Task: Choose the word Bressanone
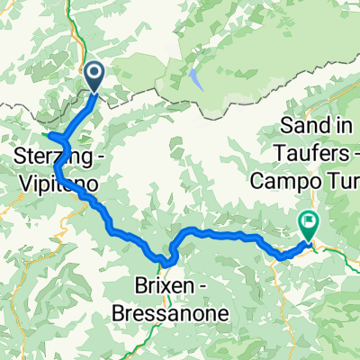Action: [171, 314]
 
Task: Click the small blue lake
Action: [193, 80]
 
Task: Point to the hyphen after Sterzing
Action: [96, 158]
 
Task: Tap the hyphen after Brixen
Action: [196, 292]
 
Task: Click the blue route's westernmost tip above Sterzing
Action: [49, 137]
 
